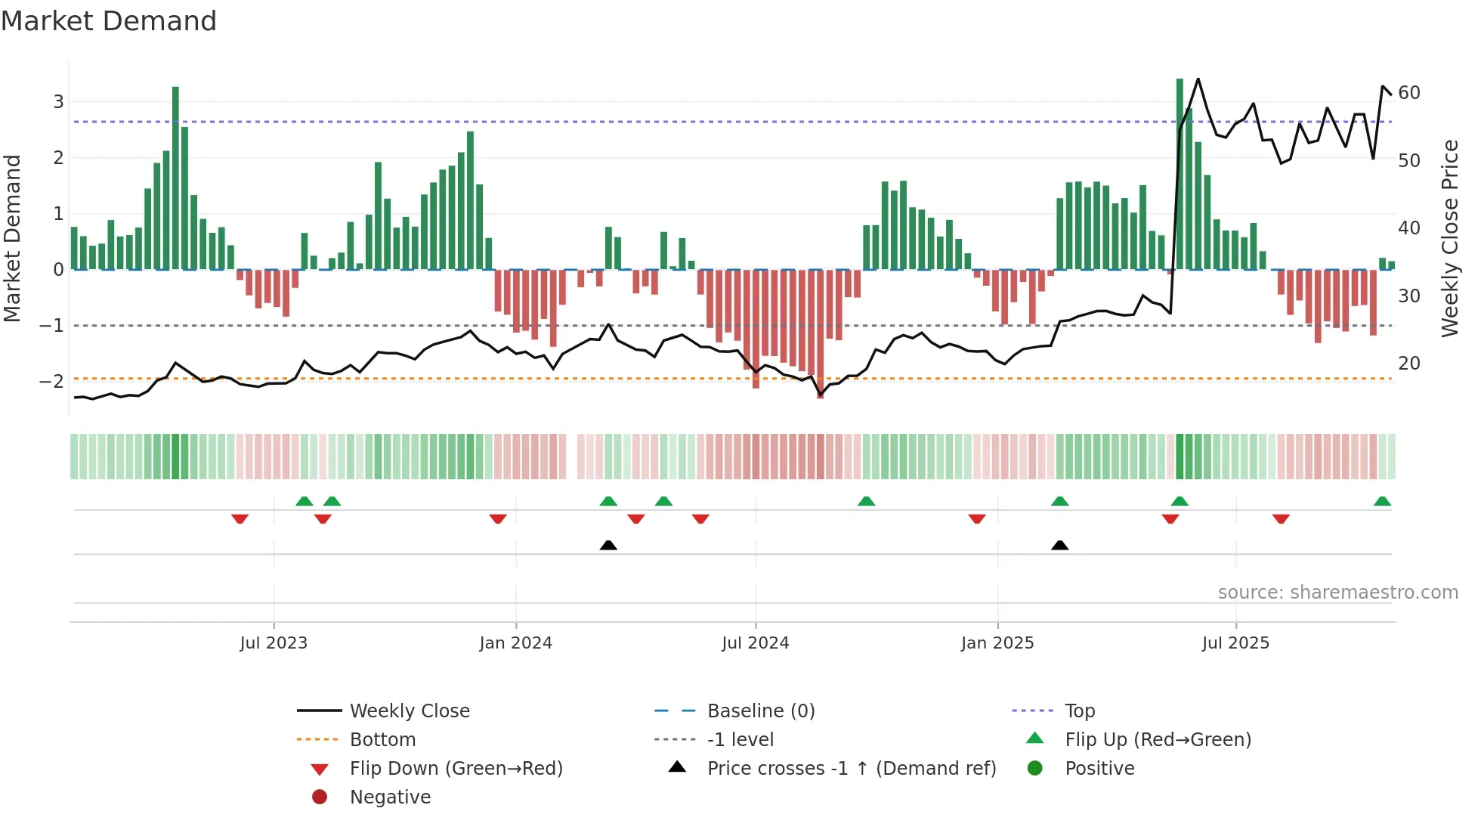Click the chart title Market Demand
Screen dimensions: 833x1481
point(109,21)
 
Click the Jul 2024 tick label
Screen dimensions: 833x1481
point(755,643)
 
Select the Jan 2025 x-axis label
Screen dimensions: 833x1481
point(997,643)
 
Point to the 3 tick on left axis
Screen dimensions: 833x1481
point(58,102)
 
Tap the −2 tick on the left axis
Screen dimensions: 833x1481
point(52,382)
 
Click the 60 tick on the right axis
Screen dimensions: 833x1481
point(1409,93)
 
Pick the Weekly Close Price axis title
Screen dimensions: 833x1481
point(1449,238)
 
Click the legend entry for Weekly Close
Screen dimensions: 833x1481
point(409,711)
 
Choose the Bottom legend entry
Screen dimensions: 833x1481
point(382,739)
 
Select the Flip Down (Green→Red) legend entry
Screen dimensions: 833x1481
point(456,768)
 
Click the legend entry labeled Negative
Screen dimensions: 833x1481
point(390,797)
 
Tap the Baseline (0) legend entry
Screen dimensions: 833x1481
point(760,711)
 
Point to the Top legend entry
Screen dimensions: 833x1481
point(1080,711)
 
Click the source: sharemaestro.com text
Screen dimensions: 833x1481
point(1337,592)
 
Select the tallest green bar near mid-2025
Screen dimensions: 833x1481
point(1180,174)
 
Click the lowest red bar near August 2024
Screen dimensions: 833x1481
point(820,333)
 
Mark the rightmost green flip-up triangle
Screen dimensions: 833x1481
point(1382,501)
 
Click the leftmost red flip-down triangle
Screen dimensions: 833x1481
point(240,519)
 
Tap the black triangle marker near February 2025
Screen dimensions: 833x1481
point(1059,545)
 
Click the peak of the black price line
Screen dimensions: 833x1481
point(1198,79)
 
